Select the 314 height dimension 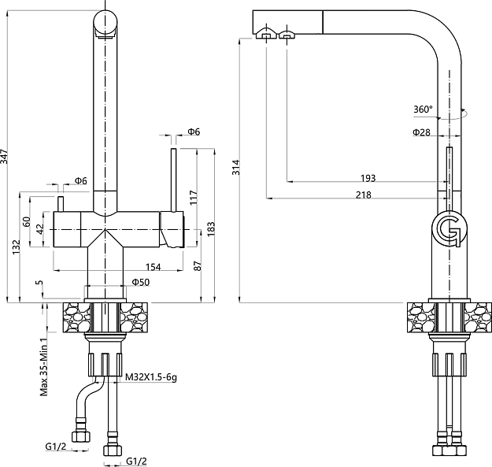tap(237, 167)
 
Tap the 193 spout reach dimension tap(368, 178)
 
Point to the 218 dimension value tap(363, 195)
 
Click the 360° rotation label tap(423, 109)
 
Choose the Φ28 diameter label tap(421, 132)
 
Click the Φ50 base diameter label tap(140, 281)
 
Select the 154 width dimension tap(153, 267)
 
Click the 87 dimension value tap(197, 267)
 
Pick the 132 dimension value tap(17, 246)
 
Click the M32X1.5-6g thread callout tap(151, 378)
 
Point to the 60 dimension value tap(27, 222)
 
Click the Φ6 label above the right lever tap(194, 132)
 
